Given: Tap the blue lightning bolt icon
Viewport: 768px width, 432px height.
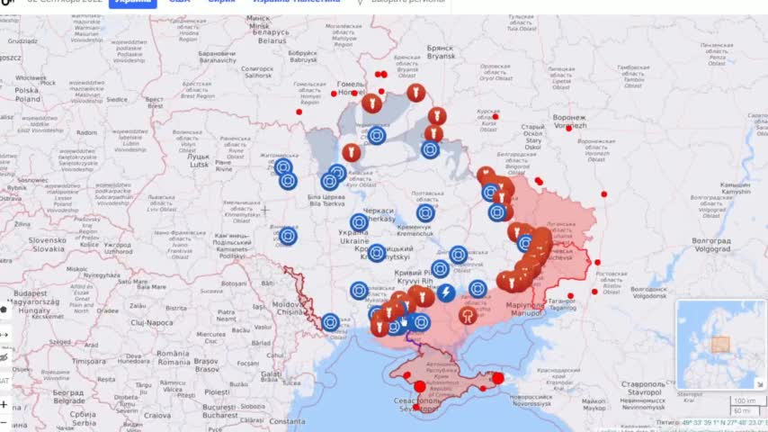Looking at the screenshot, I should (445, 292).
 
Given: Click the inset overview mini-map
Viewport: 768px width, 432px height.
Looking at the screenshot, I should (720, 345).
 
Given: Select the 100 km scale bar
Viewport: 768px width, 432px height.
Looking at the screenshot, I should (744, 400).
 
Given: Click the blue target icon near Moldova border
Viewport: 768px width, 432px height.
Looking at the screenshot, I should (330, 322).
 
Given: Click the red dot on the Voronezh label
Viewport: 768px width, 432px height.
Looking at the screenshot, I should (568, 128).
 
